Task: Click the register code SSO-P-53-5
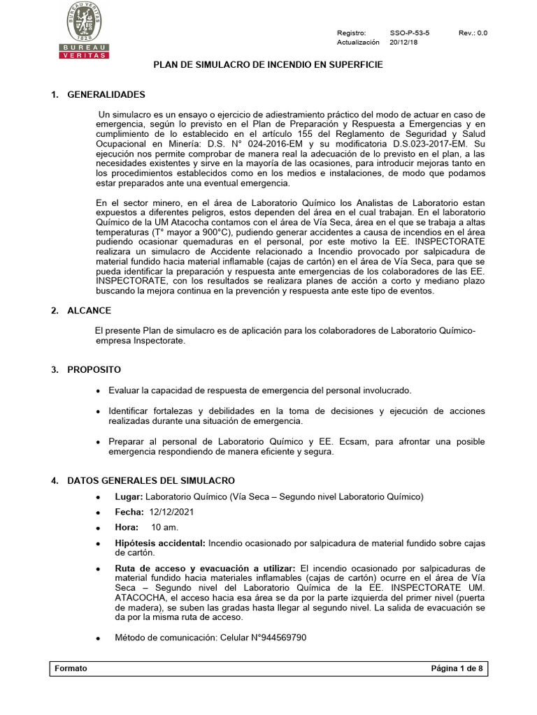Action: click(x=410, y=33)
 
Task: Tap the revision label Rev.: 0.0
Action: click(x=473, y=33)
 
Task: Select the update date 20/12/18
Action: click(x=404, y=42)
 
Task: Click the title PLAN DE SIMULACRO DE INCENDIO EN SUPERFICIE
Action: click(x=268, y=64)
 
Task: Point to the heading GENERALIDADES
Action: click(x=106, y=94)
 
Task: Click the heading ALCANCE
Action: click(x=89, y=311)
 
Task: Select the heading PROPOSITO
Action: click(x=94, y=369)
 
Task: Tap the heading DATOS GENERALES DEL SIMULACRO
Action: click(x=151, y=481)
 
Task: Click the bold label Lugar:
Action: click(x=129, y=496)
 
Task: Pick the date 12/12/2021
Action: click(x=172, y=512)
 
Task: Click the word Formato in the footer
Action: click(x=70, y=668)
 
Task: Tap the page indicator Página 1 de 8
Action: click(x=457, y=668)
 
